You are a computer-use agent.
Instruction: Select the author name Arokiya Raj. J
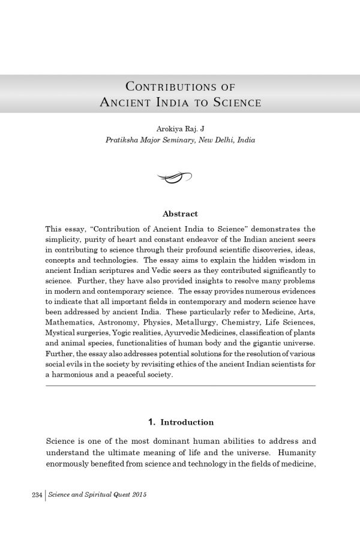click(180, 129)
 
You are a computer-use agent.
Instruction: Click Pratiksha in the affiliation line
click(123, 140)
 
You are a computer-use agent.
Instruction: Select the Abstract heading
click(180, 214)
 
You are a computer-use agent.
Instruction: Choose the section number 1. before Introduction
click(151, 422)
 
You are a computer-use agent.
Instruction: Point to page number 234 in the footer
click(36, 495)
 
